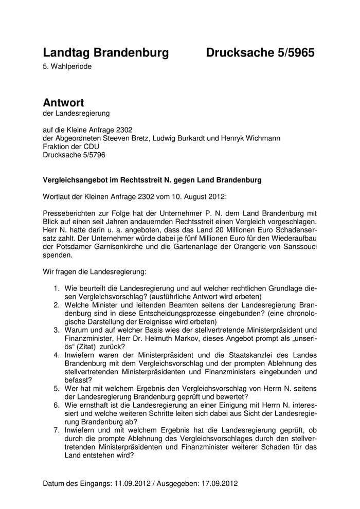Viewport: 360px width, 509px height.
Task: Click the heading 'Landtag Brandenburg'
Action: pos(106,52)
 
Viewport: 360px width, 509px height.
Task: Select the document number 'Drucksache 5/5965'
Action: pos(260,52)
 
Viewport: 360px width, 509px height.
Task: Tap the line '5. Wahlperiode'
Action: pos(67,66)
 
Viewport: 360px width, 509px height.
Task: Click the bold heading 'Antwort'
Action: pos(63,103)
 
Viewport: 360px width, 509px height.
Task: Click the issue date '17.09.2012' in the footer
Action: pos(220,484)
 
